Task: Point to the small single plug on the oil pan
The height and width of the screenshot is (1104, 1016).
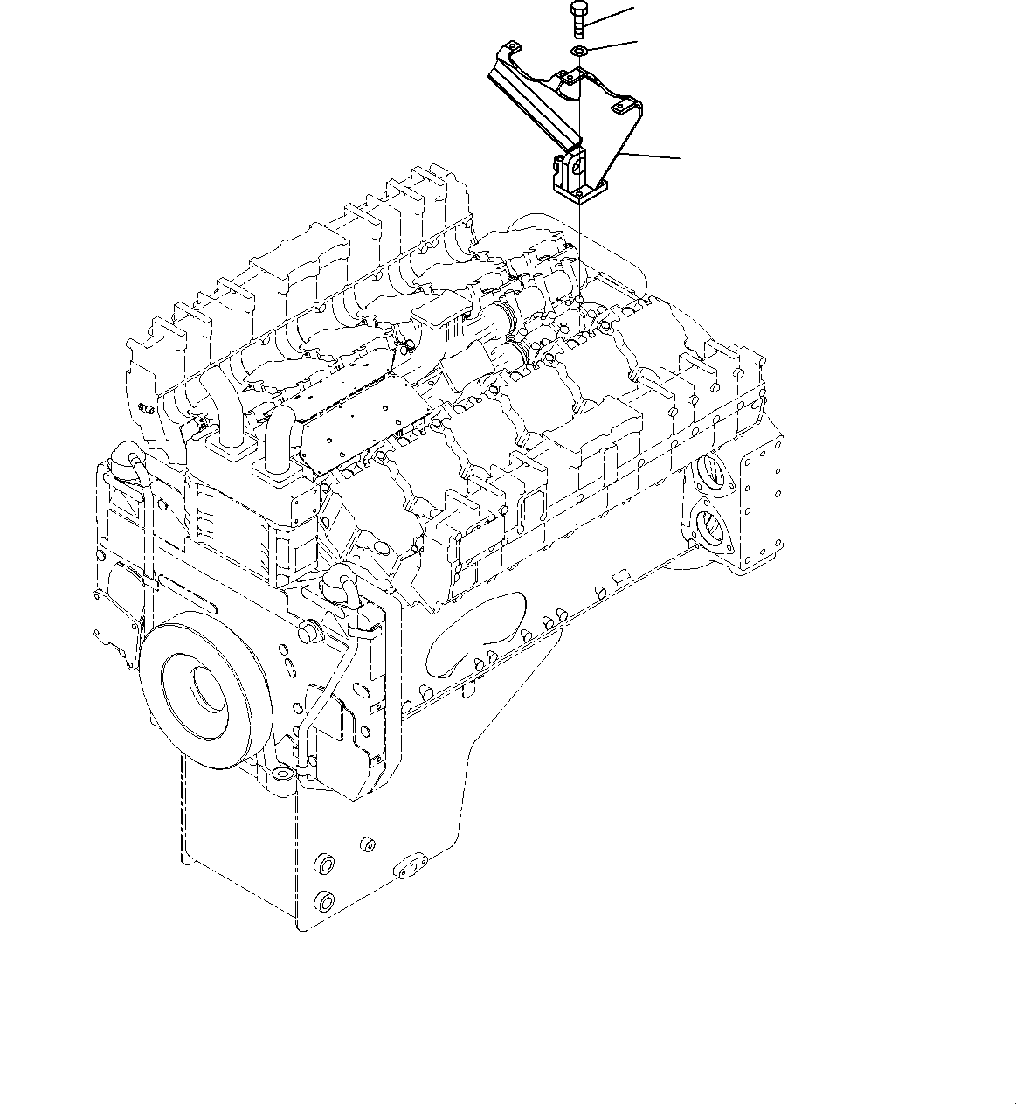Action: (368, 844)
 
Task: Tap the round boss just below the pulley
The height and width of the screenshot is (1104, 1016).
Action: (280, 774)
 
